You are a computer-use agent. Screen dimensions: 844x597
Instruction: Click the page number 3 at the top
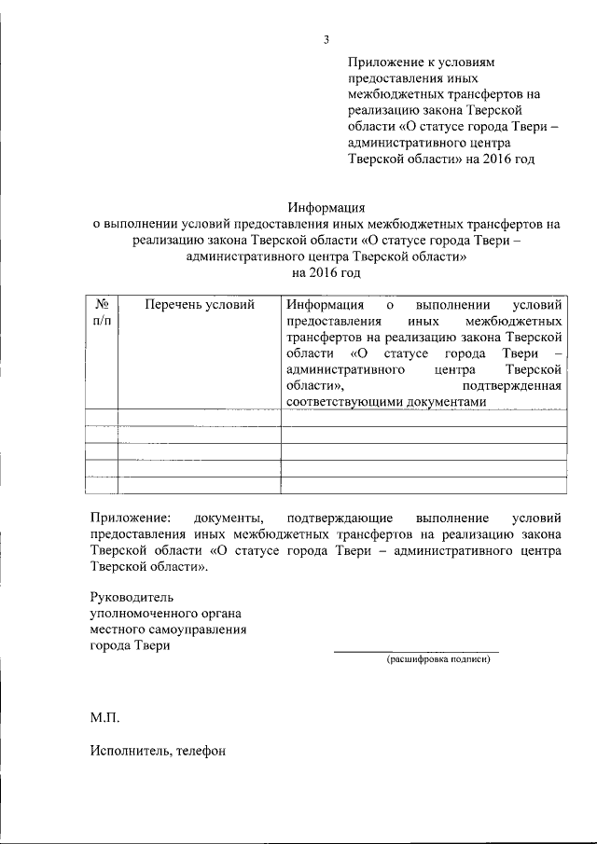tap(326, 39)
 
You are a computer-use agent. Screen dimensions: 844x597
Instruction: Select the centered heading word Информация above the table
tap(326, 207)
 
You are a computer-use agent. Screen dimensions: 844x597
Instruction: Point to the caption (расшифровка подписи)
tap(438, 660)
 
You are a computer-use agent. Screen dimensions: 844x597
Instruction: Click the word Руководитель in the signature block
tap(132, 596)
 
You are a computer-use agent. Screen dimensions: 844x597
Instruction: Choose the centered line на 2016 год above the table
tap(326, 273)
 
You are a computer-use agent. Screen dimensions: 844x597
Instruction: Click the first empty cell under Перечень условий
tap(200, 417)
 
